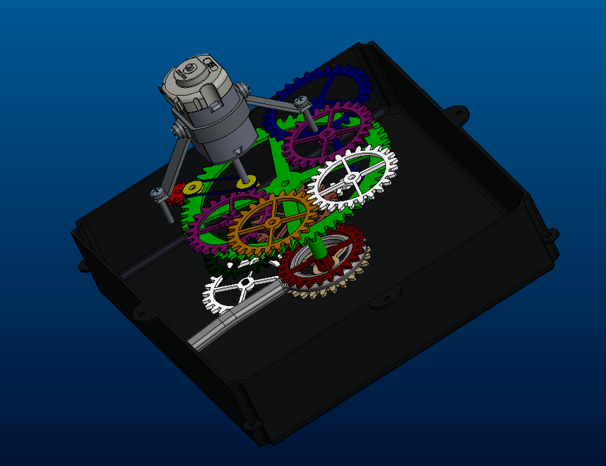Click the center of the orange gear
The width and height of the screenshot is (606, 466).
tap(271, 222)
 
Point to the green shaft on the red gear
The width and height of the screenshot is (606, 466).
tap(317, 248)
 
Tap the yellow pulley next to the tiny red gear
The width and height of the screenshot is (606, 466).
tap(193, 189)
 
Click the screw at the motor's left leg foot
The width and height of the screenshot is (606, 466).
tap(156, 193)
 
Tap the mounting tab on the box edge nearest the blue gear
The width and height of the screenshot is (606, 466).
tap(458, 112)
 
